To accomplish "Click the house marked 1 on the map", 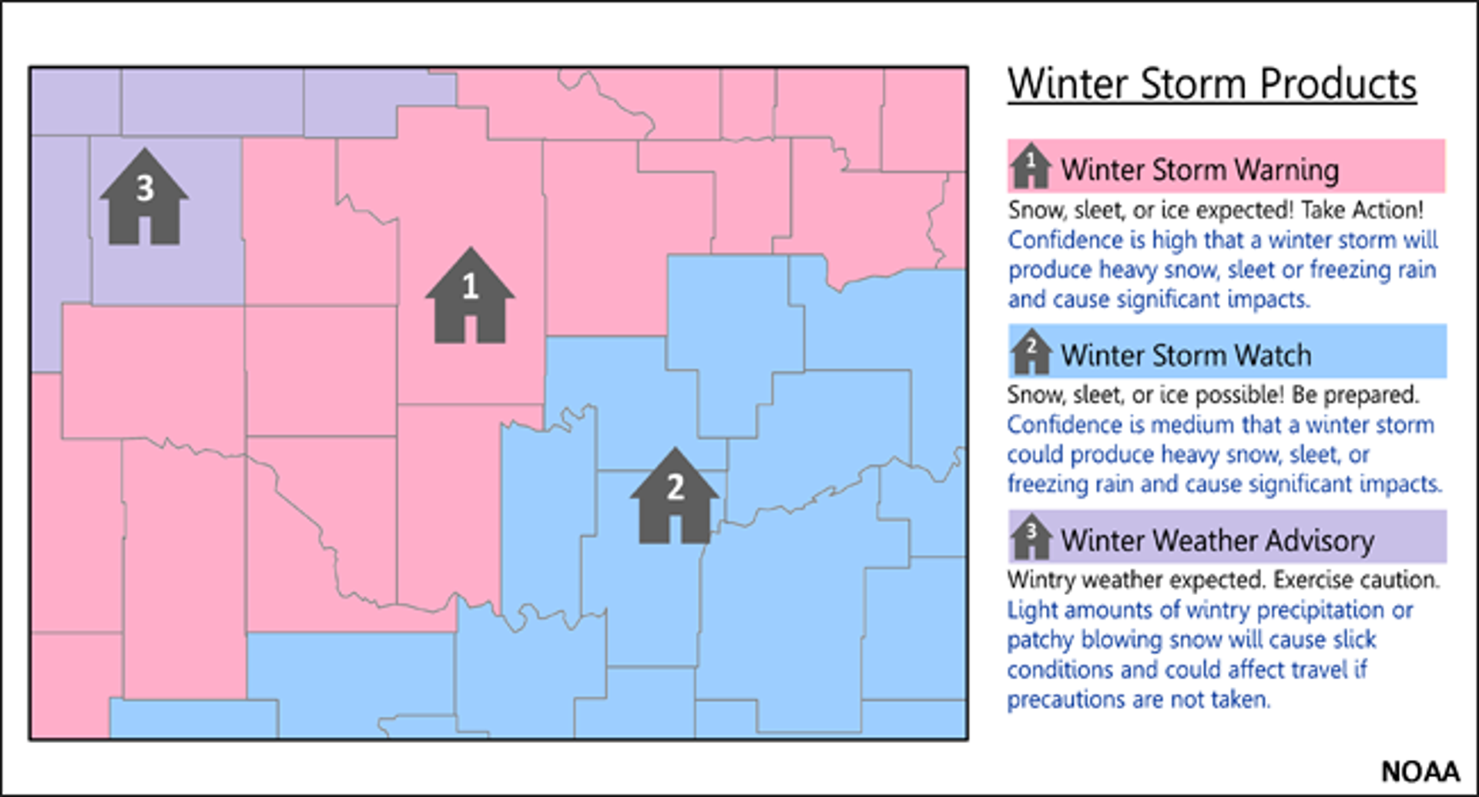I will coord(470,297).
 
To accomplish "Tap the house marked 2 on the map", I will coord(675,497).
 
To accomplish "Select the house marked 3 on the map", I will coord(144,198).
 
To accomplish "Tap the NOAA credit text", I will coord(1420,772).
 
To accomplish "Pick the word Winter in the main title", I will coord(1069,84).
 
